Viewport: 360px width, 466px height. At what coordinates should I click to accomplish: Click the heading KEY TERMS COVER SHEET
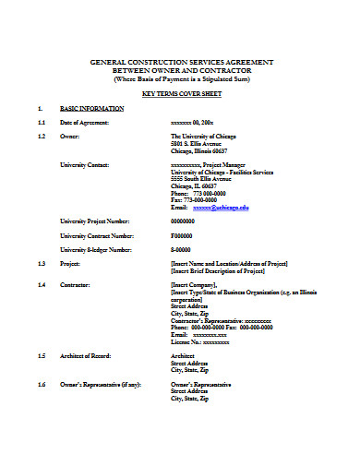click(x=181, y=94)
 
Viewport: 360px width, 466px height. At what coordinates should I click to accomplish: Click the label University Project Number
click(x=95, y=221)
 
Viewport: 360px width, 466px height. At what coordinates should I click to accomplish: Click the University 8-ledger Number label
click(x=96, y=250)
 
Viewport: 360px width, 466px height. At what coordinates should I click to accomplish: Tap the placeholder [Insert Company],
click(x=194, y=286)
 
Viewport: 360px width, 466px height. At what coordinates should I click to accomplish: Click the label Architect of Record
click(x=90, y=356)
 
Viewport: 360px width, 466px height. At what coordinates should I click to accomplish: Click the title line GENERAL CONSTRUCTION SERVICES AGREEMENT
click(x=181, y=61)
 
